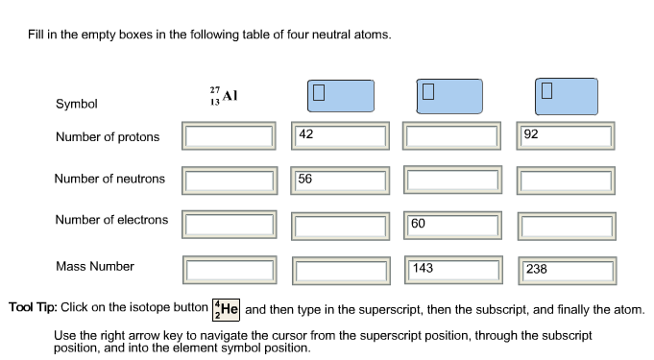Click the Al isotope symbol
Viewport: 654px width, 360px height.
(223, 96)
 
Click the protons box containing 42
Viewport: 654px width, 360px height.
(341, 135)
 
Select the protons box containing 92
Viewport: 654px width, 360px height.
(565, 135)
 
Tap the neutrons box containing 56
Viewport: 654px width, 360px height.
(341, 180)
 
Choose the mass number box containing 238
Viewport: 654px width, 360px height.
(565, 269)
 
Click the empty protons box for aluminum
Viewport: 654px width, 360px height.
(230, 135)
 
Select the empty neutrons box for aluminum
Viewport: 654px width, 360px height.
(230, 180)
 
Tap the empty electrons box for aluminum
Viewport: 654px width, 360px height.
(230, 224)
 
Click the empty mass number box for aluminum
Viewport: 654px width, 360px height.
(230, 269)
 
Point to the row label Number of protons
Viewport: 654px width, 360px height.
(108, 137)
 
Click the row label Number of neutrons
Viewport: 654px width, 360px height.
(109, 179)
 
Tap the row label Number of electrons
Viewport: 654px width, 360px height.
(111, 220)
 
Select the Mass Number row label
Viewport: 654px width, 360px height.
(95, 267)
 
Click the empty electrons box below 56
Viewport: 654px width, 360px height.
(341, 224)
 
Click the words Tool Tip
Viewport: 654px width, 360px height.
(34, 308)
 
